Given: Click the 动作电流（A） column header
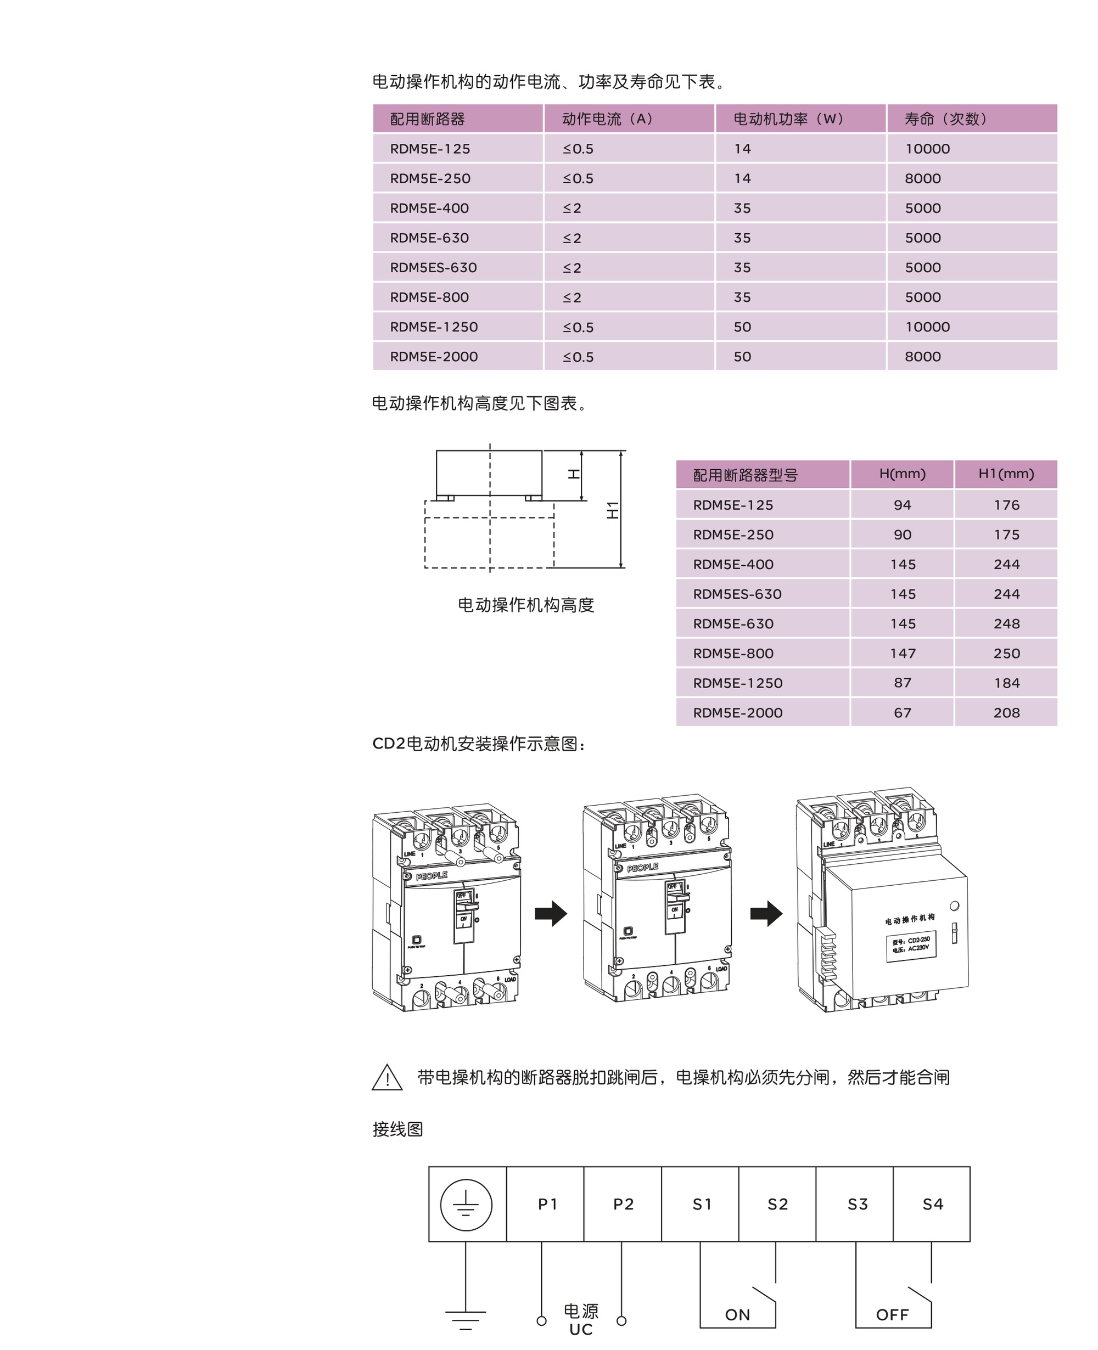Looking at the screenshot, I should (607, 119).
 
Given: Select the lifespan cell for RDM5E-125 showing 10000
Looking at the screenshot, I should (927, 149).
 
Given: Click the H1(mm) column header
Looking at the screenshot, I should (1006, 474).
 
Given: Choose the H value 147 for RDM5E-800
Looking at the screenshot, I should (903, 654).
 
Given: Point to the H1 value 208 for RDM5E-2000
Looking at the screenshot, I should (1006, 713).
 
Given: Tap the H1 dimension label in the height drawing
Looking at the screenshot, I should (612, 510).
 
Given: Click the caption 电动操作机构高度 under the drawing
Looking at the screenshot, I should (525, 605).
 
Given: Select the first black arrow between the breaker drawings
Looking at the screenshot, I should (551, 913).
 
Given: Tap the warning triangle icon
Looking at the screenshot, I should (387, 1077).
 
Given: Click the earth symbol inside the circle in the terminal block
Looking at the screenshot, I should (466, 1204).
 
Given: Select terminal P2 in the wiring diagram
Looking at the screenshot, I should (623, 1204).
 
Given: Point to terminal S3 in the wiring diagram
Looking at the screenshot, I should (857, 1204).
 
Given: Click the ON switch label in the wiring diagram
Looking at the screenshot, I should (737, 1314).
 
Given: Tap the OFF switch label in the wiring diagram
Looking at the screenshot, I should (892, 1314).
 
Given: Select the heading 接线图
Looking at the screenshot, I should (398, 1129).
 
